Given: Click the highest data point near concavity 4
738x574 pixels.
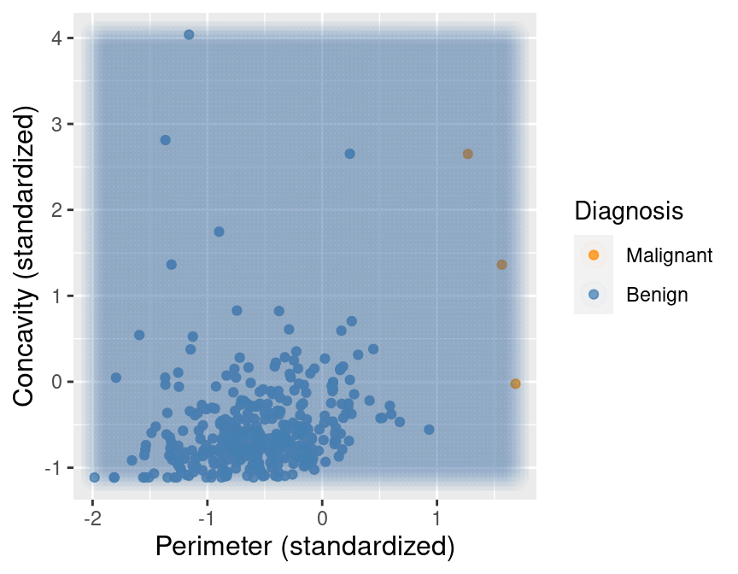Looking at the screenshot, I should click(189, 35).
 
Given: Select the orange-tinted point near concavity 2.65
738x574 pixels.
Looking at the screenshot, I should click(467, 154).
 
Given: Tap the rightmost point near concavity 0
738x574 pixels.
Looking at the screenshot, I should click(515, 384).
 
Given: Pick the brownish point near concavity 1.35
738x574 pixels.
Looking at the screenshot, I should click(501, 265).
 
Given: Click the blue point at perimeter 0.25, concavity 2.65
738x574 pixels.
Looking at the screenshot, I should click(349, 154).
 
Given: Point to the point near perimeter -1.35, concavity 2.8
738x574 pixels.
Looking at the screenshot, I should click(166, 140).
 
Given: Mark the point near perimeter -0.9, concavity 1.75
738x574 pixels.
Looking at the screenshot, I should click(219, 231).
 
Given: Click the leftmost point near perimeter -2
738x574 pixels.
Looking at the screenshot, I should click(95, 477).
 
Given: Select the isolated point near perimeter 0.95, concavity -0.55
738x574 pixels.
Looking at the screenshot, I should click(429, 430).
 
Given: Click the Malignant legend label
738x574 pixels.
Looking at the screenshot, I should click(669, 255).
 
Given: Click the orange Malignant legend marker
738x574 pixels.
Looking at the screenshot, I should click(594, 255).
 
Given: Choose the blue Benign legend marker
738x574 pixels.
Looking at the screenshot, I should click(594, 295).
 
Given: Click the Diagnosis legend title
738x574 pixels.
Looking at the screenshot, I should click(628, 210).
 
